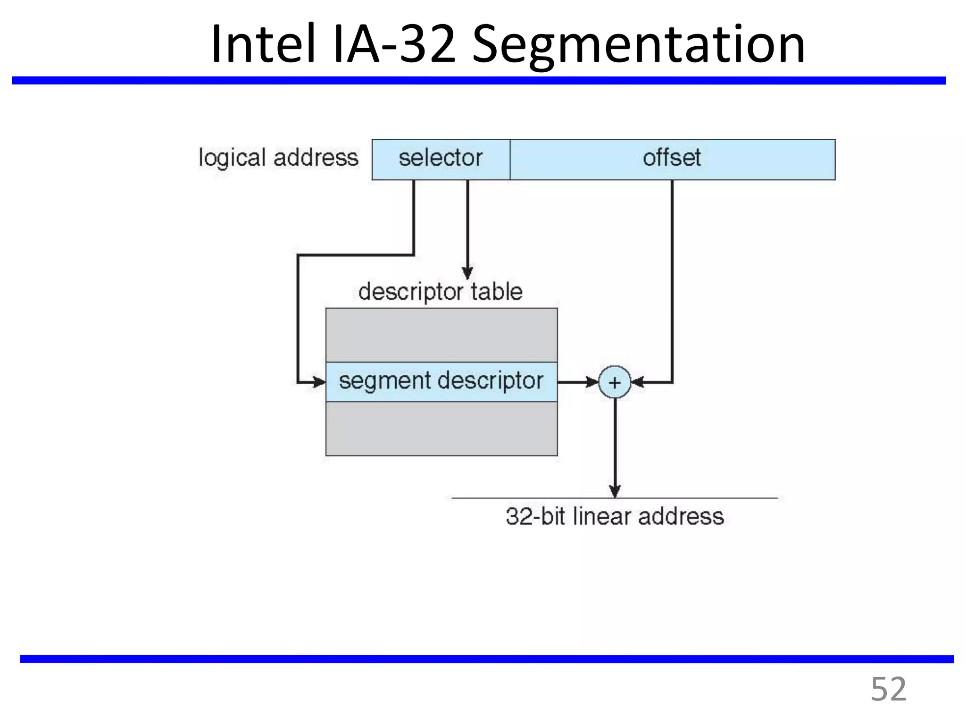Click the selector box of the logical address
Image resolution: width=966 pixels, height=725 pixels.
tap(441, 159)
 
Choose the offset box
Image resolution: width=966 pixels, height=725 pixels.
tap(672, 159)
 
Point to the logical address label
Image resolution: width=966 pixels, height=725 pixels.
tap(278, 158)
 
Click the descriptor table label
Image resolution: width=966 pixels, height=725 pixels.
tap(440, 292)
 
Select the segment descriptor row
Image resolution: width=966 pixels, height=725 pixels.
tap(441, 381)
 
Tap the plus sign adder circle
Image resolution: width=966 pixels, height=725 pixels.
tap(614, 382)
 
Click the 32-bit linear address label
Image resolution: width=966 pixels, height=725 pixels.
tap(614, 516)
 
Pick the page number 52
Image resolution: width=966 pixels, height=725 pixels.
tap(888, 690)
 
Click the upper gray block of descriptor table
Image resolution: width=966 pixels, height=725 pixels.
tap(441, 335)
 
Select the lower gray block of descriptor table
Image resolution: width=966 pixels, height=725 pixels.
tap(441, 429)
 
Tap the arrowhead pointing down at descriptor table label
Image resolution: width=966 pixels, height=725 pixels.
tap(467, 273)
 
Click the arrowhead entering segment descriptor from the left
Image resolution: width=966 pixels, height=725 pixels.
tap(319, 381)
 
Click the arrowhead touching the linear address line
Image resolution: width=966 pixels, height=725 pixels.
tap(614, 491)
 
